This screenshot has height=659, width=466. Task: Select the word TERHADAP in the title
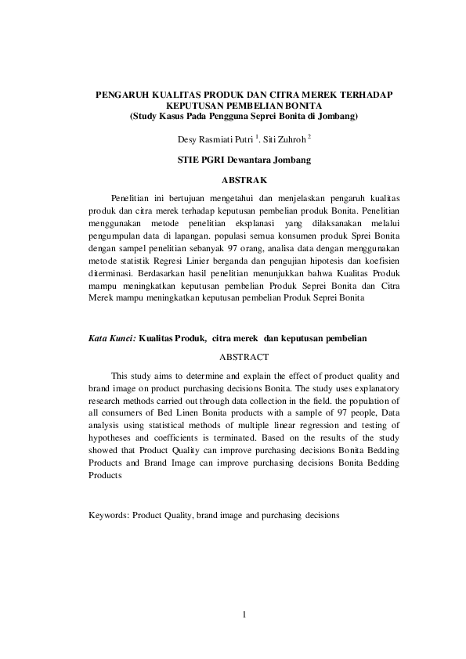pos(367,94)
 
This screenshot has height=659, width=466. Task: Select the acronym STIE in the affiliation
pos(191,160)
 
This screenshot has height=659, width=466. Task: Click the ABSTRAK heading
pos(245,180)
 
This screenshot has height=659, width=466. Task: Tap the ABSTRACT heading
pos(244,356)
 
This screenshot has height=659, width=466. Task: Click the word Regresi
pos(198,261)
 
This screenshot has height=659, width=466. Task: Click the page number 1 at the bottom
pos(244,614)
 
